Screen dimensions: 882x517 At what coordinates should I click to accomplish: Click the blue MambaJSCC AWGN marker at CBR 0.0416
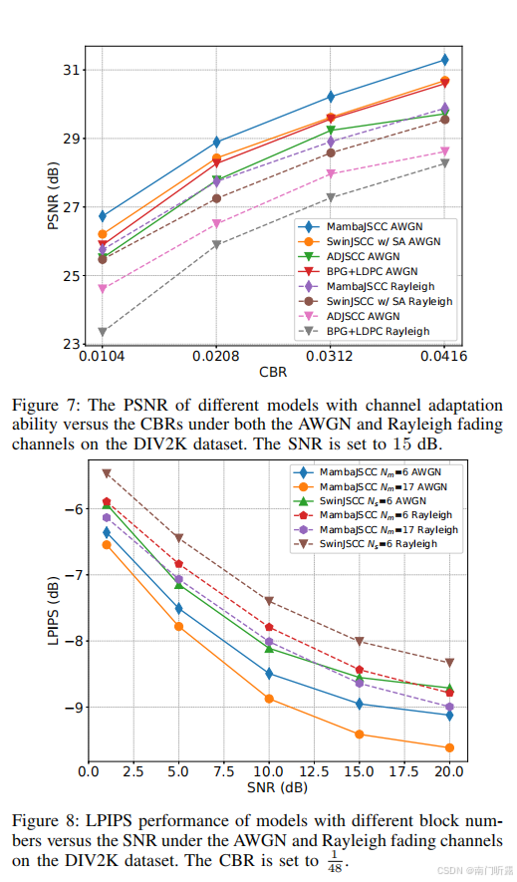pyautogui.click(x=444, y=60)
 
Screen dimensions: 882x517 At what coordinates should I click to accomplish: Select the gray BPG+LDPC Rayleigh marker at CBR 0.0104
pyautogui.click(x=103, y=332)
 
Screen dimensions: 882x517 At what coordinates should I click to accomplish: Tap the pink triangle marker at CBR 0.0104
pyautogui.click(x=103, y=289)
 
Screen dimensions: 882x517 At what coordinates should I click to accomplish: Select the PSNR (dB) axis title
pyautogui.click(x=52, y=197)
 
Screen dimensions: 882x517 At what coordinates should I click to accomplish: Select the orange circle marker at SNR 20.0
pyautogui.click(x=449, y=747)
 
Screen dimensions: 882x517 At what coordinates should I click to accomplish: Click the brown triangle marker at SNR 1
pyautogui.click(x=107, y=473)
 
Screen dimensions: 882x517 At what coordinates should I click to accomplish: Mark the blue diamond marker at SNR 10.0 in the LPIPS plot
pyautogui.click(x=269, y=674)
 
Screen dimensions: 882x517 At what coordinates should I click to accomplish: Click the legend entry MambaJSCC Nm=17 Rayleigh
pyautogui.click(x=388, y=530)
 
